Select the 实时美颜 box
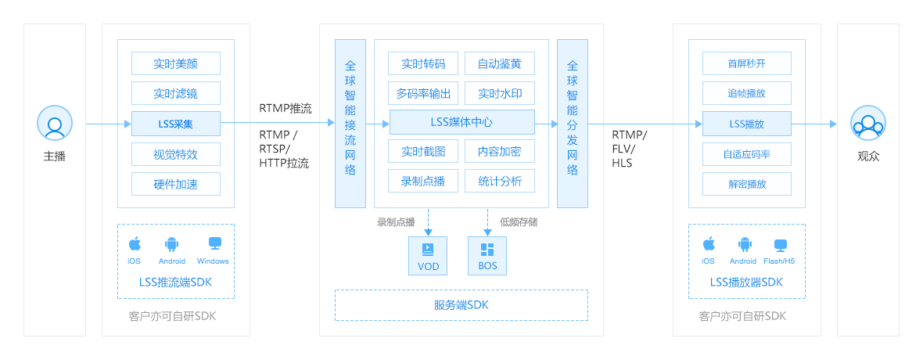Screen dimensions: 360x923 tap(176, 63)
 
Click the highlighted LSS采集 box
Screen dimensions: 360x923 tap(176, 124)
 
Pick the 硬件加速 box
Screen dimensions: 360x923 tap(176, 184)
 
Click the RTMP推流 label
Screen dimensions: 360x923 tap(286, 108)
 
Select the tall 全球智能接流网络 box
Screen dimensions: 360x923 tap(350, 123)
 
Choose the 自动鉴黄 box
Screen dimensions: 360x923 tap(500, 63)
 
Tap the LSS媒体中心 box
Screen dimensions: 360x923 tap(461, 122)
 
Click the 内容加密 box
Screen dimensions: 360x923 tap(500, 151)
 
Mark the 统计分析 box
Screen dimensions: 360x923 tap(500, 182)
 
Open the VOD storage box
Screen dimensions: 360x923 tap(429, 256)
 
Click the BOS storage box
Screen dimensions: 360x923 tap(487, 256)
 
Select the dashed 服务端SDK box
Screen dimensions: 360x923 tap(461, 305)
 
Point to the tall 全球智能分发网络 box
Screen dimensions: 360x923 tap(573, 123)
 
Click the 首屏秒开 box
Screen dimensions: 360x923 tap(747, 63)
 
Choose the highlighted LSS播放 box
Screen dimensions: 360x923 tap(747, 124)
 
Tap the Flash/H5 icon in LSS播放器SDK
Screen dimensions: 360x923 tap(780, 244)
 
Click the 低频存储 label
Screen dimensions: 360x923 tap(519, 222)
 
